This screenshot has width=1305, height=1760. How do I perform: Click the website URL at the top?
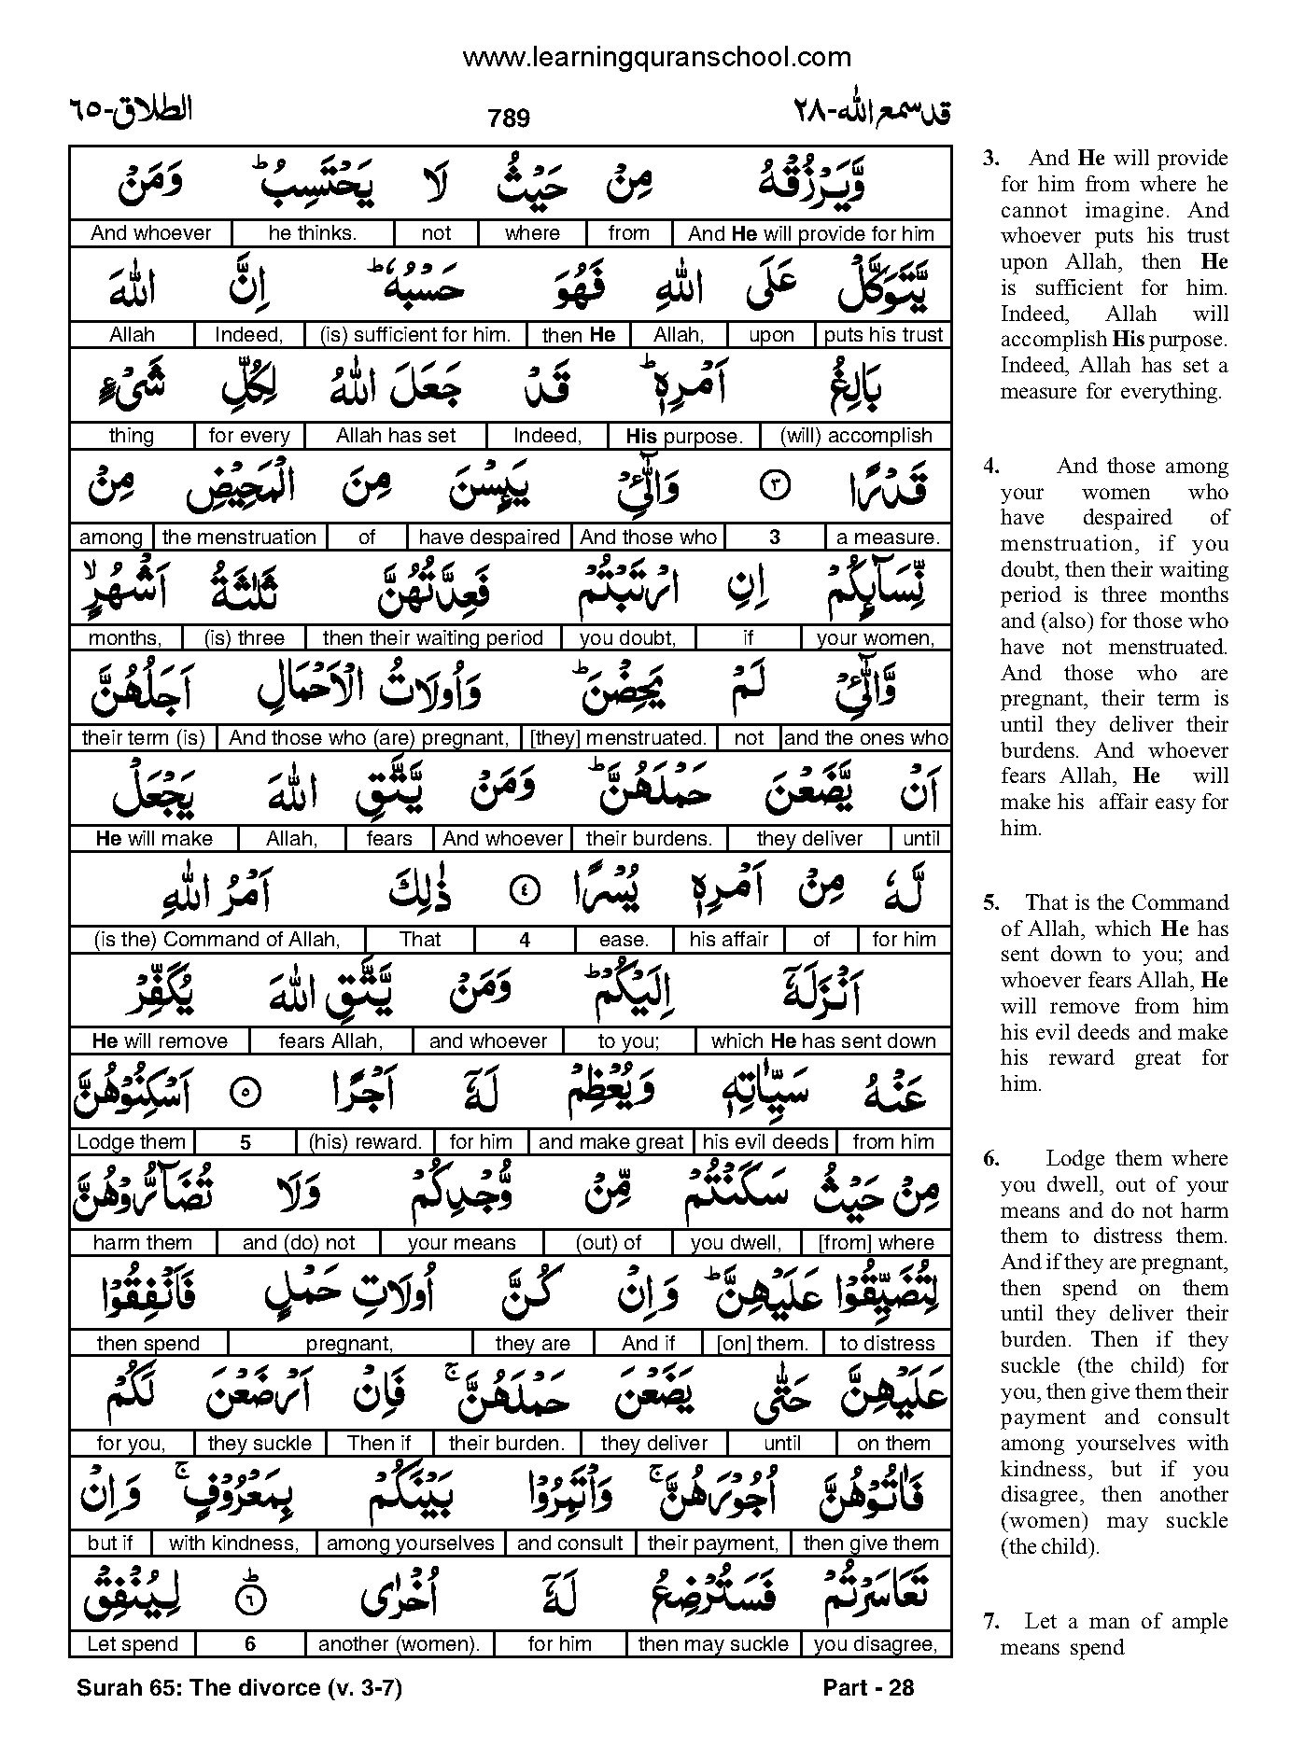(x=656, y=58)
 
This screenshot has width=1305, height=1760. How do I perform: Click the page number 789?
(x=509, y=118)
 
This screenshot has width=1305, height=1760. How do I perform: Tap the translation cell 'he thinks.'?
(x=312, y=233)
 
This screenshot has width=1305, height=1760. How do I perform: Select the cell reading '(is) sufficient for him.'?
(x=414, y=335)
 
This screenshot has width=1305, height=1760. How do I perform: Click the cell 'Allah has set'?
(x=396, y=436)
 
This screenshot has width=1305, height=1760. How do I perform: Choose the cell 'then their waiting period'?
(x=432, y=638)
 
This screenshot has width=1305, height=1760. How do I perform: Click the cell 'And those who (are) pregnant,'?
(x=369, y=738)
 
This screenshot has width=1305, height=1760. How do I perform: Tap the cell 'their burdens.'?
(x=649, y=839)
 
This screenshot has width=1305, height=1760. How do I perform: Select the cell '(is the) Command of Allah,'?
(x=217, y=940)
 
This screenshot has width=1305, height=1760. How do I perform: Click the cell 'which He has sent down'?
(x=822, y=1041)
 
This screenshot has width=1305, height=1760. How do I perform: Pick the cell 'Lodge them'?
(x=132, y=1142)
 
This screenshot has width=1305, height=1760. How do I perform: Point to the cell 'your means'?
(x=461, y=1243)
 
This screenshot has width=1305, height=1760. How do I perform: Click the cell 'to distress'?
(x=887, y=1344)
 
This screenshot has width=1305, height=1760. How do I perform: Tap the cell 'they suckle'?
(x=260, y=1444)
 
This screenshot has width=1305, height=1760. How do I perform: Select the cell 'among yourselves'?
(x=410, y=1544)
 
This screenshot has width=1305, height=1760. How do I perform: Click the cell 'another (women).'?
(x=399, y=1644)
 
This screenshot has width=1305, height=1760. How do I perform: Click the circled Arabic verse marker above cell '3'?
(x=775, y=487)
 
